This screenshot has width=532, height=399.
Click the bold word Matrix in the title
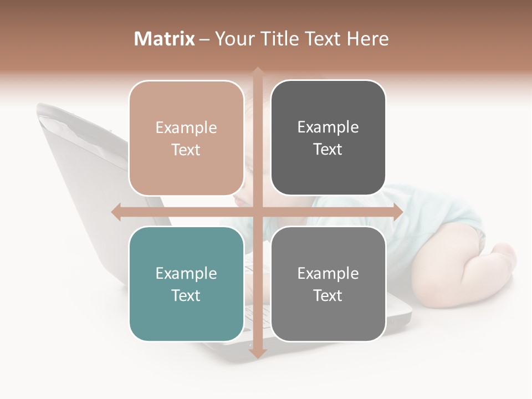(165, 39)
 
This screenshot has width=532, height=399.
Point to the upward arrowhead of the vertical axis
(257, 73)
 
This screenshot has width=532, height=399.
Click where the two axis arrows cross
(257, 212)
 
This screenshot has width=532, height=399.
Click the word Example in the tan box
(186, 128)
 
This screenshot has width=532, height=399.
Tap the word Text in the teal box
(186, 295)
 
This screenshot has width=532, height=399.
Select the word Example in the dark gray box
(328, 127)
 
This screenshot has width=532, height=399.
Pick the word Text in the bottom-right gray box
(328, 295)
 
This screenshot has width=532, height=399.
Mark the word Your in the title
(229, 39)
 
